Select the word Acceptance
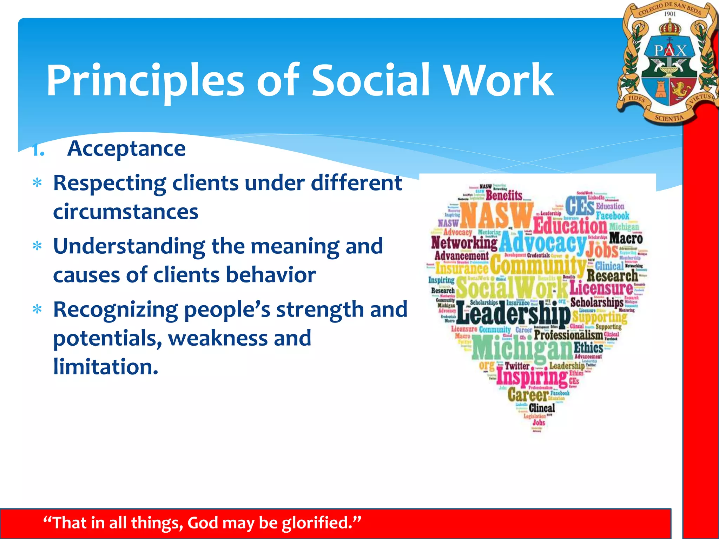click(126, 149)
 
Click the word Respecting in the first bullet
click(110, 183)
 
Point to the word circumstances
click(126, 212)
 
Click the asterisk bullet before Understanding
click(37, 247)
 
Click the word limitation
click(105, 367)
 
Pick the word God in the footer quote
click(203, 523)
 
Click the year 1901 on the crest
click(670, 14)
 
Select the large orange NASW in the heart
click(496, 215)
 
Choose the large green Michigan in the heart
click(522, 347)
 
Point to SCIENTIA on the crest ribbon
click(669, 118)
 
